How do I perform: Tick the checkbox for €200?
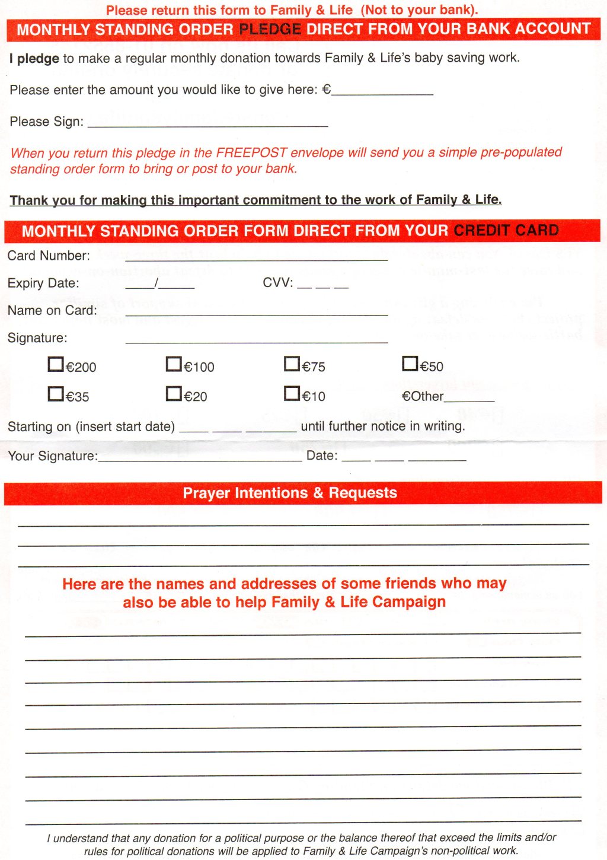[56, 364]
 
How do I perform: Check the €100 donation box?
[174, 364]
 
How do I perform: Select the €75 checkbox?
[292, 363]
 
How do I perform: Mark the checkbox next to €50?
[410, 363]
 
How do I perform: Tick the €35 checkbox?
[56, 393]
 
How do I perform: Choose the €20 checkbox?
[174, 393]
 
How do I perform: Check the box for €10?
[292, 393]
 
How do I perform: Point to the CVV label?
[277, 283]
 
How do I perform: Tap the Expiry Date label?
[43, 283]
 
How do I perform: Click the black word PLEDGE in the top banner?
[270, 29]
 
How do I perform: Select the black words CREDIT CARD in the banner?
[506, 230]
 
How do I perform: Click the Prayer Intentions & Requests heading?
[290, 493]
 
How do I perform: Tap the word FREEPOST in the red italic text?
[251, 152]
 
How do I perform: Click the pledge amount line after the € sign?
[382, 92]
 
